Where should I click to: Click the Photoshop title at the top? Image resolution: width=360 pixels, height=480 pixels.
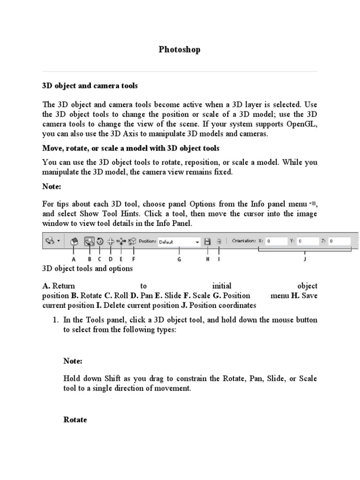[179, 50]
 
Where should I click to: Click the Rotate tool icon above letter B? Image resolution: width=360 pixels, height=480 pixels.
[88, 241]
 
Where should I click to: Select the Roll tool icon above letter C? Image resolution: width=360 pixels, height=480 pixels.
[99, 241]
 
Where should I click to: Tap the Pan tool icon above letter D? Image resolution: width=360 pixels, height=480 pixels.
[111, 241]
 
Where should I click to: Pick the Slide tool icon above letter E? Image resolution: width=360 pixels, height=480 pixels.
[121, 241]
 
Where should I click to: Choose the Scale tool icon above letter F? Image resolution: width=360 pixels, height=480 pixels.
[133, 241]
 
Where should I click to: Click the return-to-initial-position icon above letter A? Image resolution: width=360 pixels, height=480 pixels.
[74, 241]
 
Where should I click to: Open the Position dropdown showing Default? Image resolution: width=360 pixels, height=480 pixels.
[179, 242]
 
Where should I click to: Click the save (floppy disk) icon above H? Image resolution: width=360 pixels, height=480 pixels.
[207, 241]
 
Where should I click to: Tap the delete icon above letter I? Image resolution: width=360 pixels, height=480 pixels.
[219, 241]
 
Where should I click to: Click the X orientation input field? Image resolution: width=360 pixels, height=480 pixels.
[277, 241]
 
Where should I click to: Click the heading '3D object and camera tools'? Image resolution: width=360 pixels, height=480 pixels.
[90, 86]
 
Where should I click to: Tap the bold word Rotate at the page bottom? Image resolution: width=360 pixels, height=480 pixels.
[75, 420]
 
